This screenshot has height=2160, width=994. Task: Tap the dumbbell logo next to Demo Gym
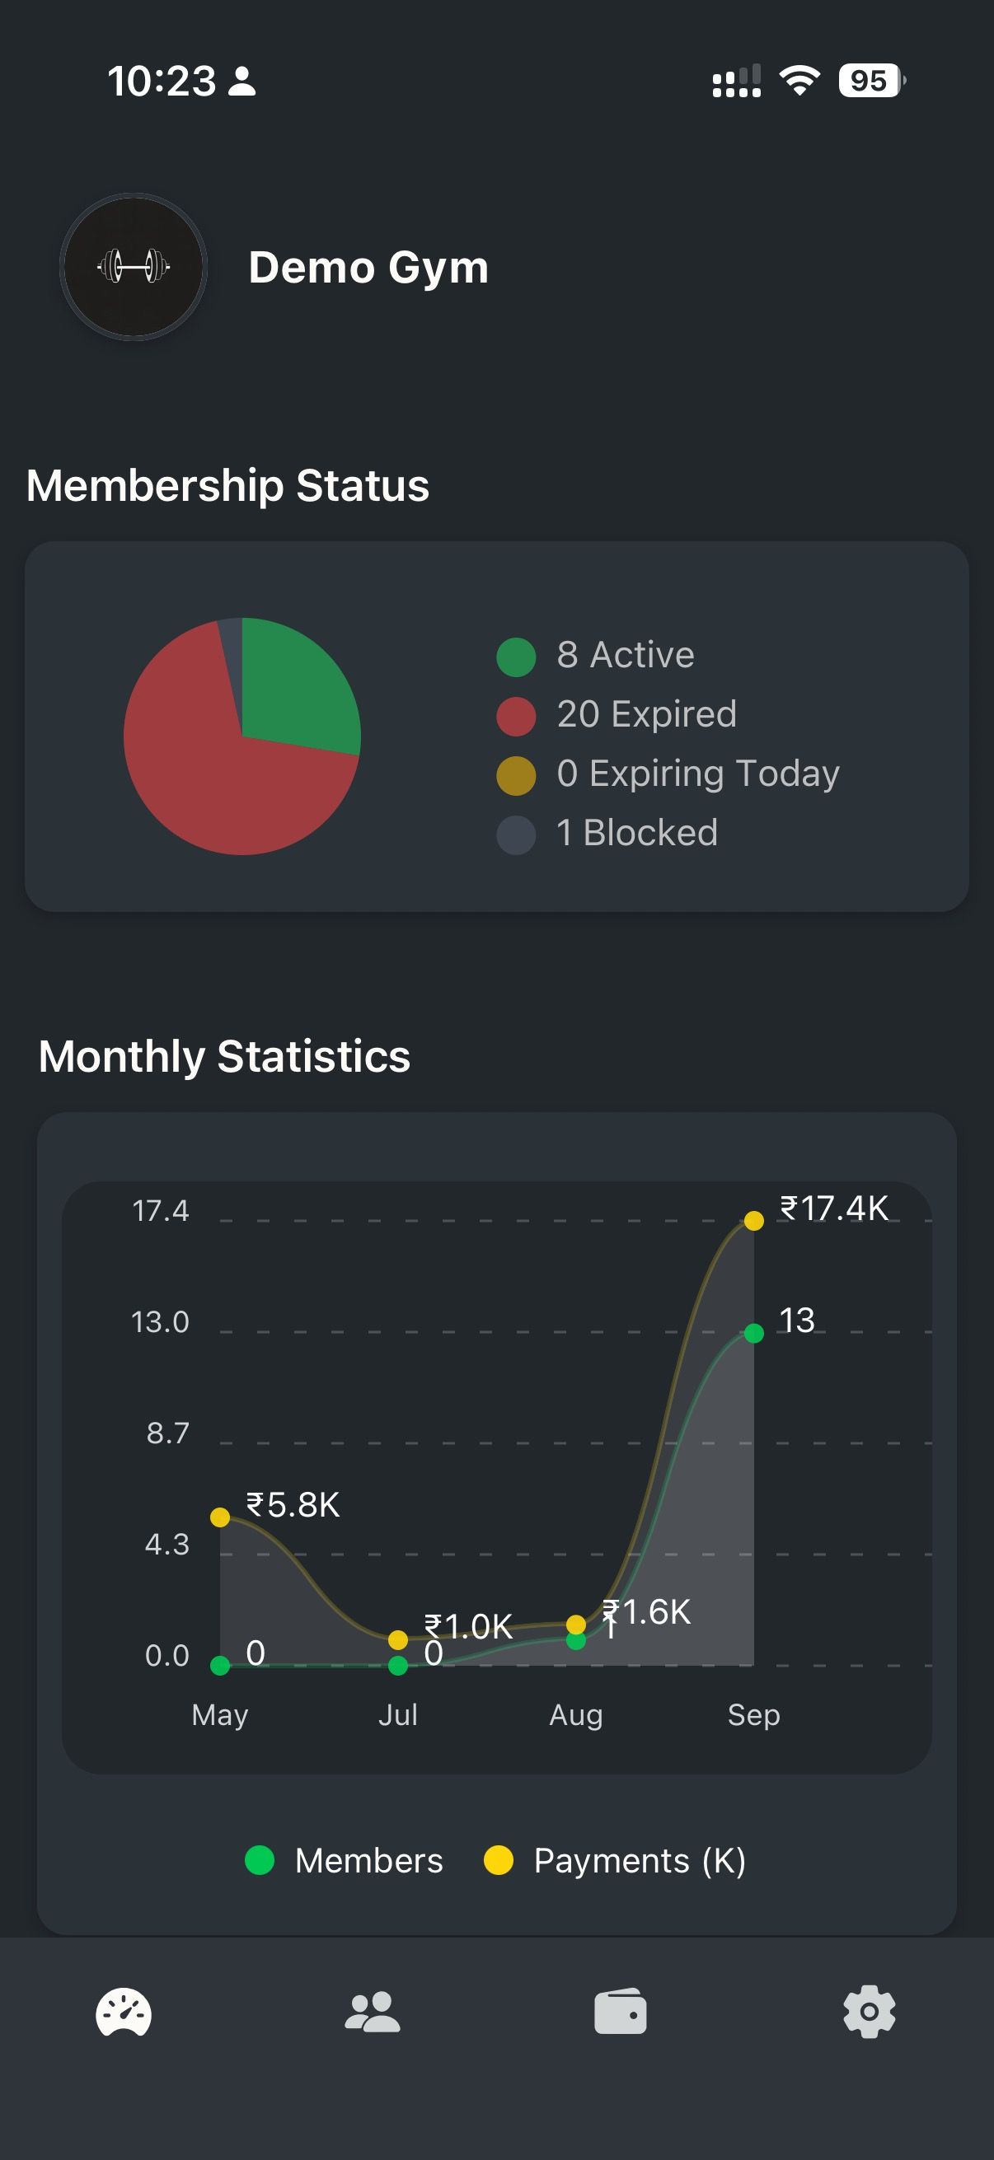(x=134, y=267)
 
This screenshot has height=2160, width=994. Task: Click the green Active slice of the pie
(x=293, y=688)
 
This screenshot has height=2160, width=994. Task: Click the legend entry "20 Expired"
(x=646, y=714)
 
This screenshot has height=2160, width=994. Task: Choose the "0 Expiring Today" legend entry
(x=697, y=773)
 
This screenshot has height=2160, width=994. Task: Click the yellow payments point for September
(x=754, y=1221)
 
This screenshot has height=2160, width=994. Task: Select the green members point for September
(x=754, y=1333)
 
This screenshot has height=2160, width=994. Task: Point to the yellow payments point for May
(x=220, y=1517)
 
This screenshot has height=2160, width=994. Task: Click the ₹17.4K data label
(x=834, y=1209)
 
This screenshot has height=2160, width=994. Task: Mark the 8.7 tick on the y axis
(x=168, y=1433)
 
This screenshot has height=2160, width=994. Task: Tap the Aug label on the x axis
(x=575, y=1715)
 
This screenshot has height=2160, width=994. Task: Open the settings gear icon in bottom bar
(x=869, y=2012)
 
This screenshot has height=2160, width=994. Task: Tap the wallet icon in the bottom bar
(x=621, y=2012)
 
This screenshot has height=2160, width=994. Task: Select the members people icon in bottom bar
(x=373, y=2012)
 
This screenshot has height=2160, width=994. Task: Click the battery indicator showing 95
(x=870, y=81)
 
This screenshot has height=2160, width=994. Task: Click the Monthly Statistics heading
(x=225, y=1055)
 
